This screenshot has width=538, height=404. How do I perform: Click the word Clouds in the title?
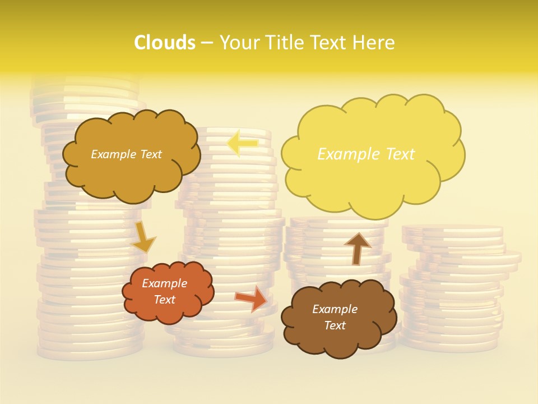pyautogui.click(x=164, y=43)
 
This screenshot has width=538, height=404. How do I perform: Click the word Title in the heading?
pyautogui.click(x=284, y=43)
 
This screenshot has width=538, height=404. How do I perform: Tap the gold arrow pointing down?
pyautogui.click(x=143, y=236)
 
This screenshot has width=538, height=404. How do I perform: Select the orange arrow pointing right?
pyautogui.click(x=251, y=299)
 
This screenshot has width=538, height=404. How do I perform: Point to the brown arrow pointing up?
pyautogui.click(x=357, y=249)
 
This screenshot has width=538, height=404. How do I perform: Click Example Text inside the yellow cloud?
pyautogui.click(x=366, y=154)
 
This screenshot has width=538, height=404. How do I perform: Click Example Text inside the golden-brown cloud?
pyautogui.click(x=126, y=154)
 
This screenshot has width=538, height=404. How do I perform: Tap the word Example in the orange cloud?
pyautogui.click(x=164, y=283)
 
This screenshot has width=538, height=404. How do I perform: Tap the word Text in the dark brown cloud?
pyautogui.click(x=335, y=325)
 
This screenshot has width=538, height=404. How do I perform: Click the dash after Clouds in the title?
pyautogui.click(x=207, y=43)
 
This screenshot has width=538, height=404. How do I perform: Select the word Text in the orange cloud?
pyautogui.click(x=164, y=300)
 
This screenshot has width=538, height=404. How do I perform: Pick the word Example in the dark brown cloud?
pyautogui.click(x=335, y=309)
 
